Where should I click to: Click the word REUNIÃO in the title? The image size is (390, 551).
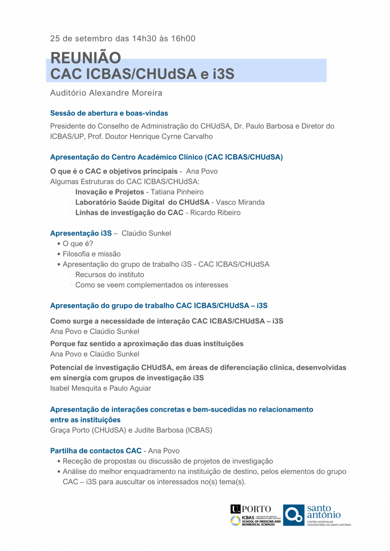pos(85,58)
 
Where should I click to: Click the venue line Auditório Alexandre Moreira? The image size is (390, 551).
pos(106,93)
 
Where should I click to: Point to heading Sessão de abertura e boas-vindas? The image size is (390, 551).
pos(109,113)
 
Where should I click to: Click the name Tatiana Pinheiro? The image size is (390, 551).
pos(176,192)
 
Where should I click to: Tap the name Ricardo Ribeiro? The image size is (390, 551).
pos(215,213)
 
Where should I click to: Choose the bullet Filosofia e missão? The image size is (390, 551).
pos(91,254)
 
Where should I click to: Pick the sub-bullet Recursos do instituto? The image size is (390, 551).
pos(110,275)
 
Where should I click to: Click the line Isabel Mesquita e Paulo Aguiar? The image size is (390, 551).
pos(101,388)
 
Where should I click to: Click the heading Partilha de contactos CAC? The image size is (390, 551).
pos(96,451)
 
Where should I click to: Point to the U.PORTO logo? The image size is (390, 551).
pos(251,509)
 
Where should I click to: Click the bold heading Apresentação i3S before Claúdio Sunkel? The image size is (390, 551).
pos(81,233)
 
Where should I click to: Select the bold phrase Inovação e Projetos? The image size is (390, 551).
pos(110,192)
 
